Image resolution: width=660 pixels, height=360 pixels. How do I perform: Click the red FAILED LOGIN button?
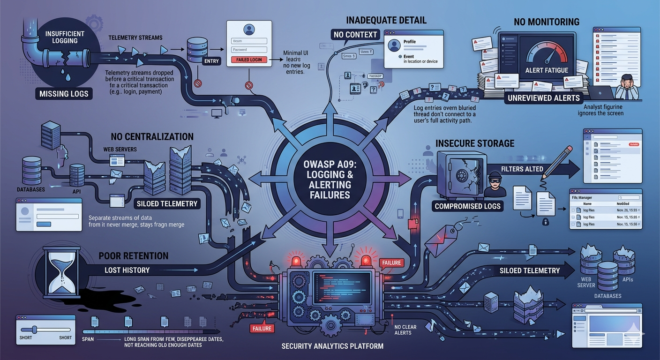249,60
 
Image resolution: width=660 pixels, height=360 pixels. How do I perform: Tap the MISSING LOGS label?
64,94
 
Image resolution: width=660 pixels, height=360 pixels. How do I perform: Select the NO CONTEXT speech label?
355,34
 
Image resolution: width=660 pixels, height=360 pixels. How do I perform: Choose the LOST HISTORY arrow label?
127,270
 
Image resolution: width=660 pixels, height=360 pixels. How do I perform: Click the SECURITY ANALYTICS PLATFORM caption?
332,346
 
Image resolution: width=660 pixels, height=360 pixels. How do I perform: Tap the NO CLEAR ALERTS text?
403,330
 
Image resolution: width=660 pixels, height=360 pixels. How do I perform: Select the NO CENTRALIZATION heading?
152,137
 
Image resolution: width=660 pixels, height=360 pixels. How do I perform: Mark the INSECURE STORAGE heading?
475,143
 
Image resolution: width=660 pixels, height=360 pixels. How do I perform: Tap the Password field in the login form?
249,49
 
